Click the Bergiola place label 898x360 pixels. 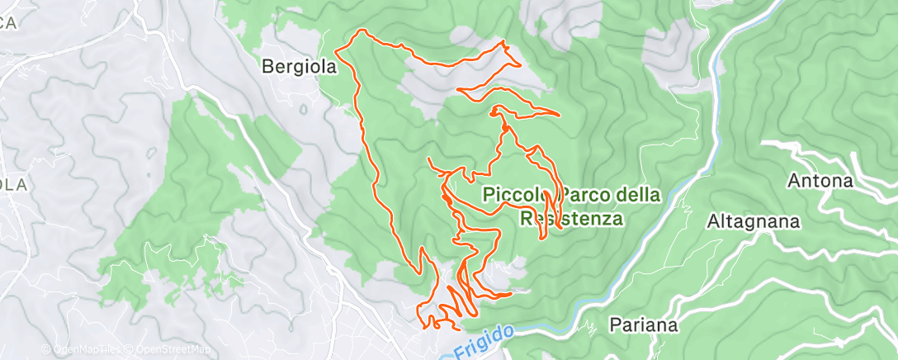(300, 68)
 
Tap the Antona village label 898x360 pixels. (820, 180)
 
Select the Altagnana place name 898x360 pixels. (754, 221)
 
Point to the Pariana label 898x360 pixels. (645, 324)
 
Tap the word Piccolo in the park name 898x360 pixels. (512, 196)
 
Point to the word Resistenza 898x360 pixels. (570, 219)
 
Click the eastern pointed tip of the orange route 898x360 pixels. (560, 113)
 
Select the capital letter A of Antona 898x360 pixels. (794, 180)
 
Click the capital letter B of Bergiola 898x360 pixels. (267, 68)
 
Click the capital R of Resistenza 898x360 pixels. (526, 219)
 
